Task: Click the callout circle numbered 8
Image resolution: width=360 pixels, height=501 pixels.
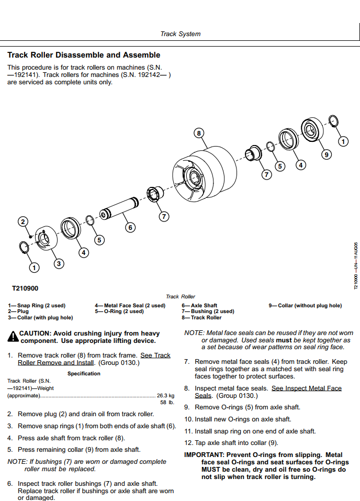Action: (198, 133)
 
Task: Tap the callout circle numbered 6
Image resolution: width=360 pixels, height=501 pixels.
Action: (130, 227)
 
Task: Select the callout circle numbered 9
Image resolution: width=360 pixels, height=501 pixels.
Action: (326, 154)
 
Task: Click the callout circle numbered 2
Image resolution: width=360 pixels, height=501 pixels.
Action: (22, 222)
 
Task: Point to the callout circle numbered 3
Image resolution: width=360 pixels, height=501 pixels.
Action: (59, 263)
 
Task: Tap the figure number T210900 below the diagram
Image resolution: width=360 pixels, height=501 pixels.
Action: (25, 288)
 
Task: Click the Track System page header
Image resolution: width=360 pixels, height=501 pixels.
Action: (180, 34)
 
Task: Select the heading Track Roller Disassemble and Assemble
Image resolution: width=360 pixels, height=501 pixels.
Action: (84, 55)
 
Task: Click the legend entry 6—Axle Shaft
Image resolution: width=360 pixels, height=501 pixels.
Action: (199, 306)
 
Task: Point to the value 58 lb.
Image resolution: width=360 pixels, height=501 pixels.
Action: (167, 403)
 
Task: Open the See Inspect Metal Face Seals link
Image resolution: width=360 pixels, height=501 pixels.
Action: (307, 388)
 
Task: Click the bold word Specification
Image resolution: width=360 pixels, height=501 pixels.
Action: (84, 374)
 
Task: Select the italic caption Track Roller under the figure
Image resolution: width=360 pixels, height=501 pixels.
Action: (180, 297)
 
